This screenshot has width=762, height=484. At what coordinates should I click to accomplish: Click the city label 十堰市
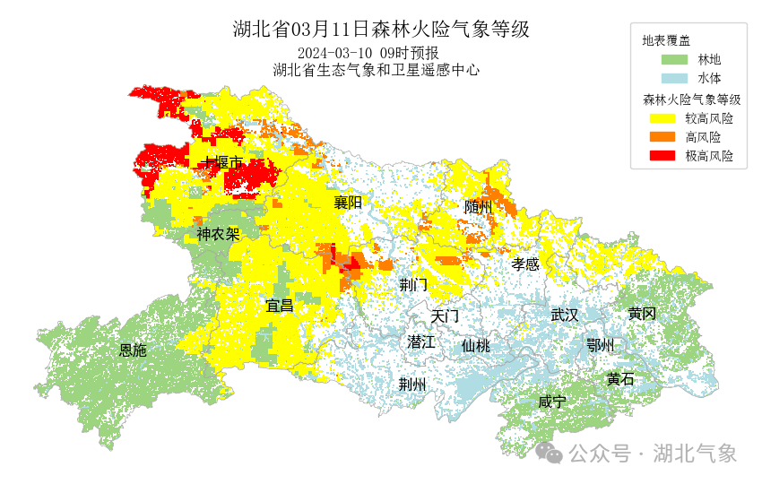pos(221,163)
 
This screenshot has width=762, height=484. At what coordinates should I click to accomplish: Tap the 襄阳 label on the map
pos(348,203)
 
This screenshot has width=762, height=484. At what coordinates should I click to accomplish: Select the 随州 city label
pos(479,207)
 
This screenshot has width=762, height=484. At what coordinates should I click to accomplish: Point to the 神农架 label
pos(218,235)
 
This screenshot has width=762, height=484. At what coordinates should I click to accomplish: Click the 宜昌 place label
pos(279,306)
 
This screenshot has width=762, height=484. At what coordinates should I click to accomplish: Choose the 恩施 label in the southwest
pos(133,350)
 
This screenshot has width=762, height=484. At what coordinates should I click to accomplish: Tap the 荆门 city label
pos(413,285)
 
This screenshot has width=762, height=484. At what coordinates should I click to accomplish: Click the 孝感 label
pos(525,264)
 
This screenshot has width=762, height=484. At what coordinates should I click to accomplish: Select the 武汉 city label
pos(565,315)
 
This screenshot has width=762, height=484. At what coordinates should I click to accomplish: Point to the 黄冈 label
pos(642,314)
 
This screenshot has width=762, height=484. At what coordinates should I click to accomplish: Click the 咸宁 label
pos(552,402)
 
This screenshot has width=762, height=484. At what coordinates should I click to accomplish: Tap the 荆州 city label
pos(412,385)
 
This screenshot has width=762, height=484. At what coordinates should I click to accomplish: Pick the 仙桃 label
pos(476,346)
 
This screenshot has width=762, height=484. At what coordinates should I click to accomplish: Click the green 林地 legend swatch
pos(674,60)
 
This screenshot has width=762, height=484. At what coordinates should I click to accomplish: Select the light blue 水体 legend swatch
pos(674,79)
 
